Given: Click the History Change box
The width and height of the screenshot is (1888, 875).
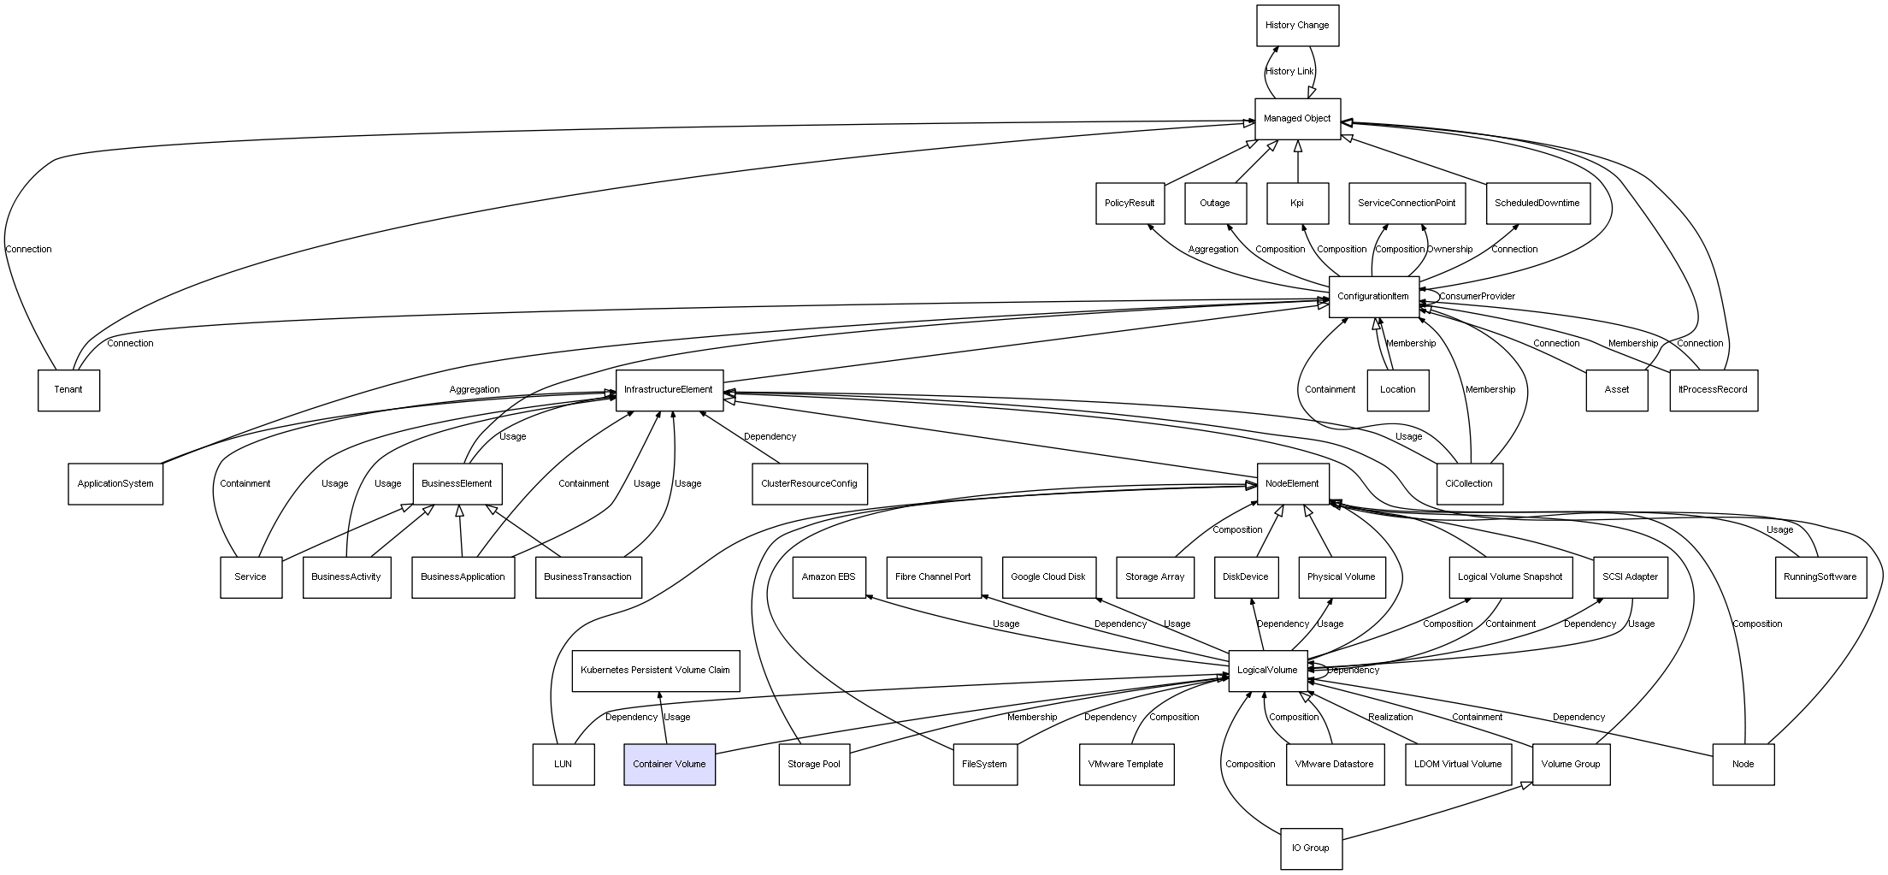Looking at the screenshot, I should click(1297, 26).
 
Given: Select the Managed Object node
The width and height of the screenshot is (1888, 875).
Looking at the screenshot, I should click(1297, 119).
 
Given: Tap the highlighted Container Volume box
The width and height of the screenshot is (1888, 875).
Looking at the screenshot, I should click(670, 764).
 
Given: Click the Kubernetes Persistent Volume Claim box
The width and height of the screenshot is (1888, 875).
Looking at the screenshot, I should click(655, 670).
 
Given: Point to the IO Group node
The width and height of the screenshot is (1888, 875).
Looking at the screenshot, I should click(1311, 848).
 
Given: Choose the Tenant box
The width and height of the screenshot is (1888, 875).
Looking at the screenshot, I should click(68, 390).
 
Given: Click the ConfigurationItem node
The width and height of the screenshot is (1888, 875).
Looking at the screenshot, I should click(1373, 297).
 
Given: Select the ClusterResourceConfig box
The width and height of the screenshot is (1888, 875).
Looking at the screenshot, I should click(809, 483).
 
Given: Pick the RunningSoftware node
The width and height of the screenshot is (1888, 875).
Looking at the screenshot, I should click(1820, 576).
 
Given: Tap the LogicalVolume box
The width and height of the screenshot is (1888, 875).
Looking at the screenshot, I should click(1267, 670).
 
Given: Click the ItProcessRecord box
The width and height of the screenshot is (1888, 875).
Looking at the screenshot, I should click(1713, 390).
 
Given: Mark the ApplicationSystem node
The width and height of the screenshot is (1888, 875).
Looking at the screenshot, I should click(115, 483).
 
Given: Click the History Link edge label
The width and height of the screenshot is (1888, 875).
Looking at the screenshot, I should click(1289, 72).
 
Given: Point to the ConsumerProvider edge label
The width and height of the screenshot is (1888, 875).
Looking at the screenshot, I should click(1477, 297).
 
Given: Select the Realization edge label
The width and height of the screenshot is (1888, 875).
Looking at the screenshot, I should click(1390, 717).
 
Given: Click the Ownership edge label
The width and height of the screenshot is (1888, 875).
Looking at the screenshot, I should click(1449, 250).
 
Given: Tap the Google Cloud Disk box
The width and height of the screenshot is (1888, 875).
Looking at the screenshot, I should click(1047, 576).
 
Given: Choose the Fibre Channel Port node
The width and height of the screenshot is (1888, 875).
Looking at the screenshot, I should click(933, 576).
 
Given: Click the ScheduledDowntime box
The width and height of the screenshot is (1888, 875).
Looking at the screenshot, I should click(1537, 204).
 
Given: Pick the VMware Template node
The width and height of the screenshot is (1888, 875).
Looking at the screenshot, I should click(1125, 764).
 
